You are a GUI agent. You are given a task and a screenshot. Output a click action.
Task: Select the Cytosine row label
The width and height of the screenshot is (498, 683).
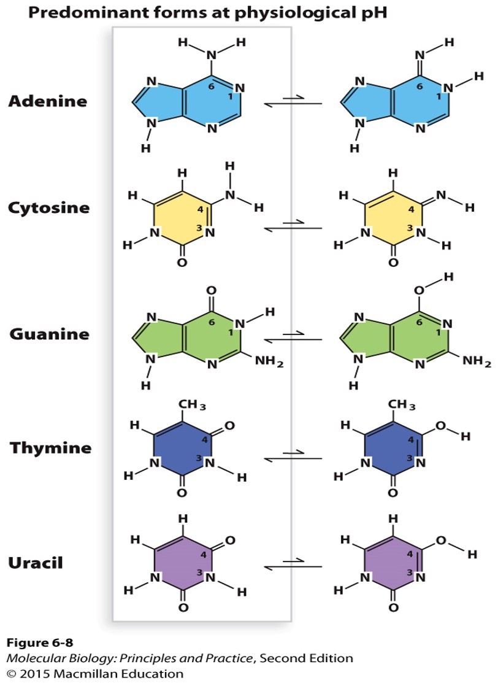(48, 207)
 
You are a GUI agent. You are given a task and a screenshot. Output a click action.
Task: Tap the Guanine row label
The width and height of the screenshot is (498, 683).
(48, 334)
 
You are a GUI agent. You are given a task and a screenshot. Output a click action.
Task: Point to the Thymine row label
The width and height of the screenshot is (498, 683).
(50, 447)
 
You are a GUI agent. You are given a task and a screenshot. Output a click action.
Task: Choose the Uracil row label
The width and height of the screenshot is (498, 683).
(35, 562)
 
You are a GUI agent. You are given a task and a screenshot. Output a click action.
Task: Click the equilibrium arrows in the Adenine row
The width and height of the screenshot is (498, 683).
(293, 102)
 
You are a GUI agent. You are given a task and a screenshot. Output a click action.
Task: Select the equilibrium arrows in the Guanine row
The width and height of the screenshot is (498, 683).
(293, 338)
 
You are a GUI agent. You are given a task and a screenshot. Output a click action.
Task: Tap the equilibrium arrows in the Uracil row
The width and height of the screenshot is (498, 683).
(293, 563)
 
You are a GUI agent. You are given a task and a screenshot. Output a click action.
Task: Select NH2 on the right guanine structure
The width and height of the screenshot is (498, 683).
(477, 363)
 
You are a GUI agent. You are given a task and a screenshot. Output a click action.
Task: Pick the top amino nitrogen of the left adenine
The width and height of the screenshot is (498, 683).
(212, 56)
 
